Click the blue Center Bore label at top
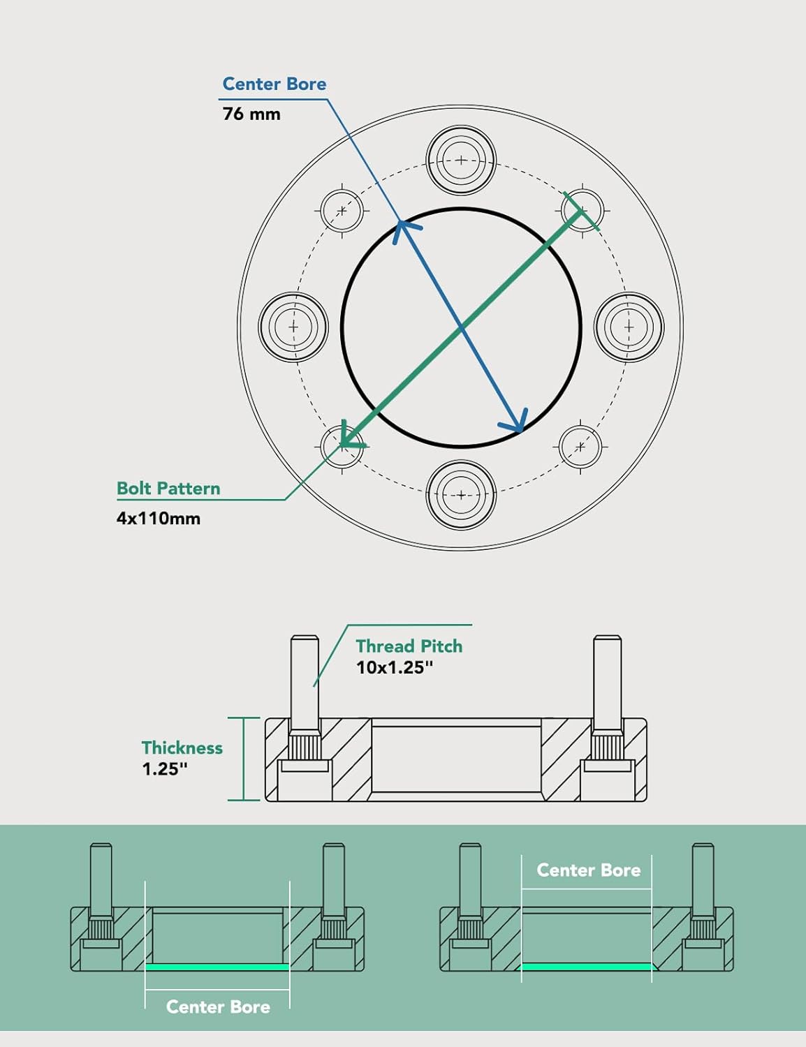click(x=274, y=84)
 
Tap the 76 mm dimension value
click(x=251, y=114)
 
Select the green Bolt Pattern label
click(x=168, y=489)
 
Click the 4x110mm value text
click(x=159, y=519)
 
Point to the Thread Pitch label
click(x=409, y=646)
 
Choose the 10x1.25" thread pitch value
click(x=395, y=668)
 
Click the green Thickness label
click(x=182, y=748)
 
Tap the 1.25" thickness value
click(x=165, y=769)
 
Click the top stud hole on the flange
click(x=461, y=161)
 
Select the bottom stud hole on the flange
click(x=461, y=495)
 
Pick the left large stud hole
click(x=293, y=327)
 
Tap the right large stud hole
click(x=629, y=327)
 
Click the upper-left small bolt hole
click(x=342, y=209)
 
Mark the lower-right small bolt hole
click(x=580, y=447)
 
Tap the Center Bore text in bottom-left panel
click(x=218, y=1007)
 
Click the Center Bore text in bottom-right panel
click(x=588, y=870)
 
